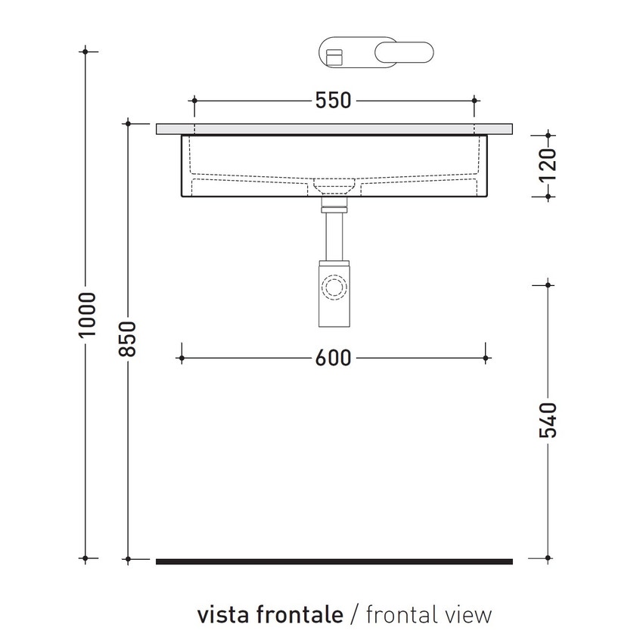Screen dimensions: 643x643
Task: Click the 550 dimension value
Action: [334, 101]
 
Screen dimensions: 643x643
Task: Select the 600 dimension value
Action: [334, 357]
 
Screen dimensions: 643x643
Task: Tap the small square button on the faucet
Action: [334, 54]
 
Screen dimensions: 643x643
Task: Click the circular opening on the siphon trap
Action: [333, 287]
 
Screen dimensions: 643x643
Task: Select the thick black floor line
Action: [334, 561]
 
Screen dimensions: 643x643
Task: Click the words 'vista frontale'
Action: [269, 614]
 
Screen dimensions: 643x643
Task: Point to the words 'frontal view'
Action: [428, 614]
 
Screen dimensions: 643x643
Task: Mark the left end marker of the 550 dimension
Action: [194, 100]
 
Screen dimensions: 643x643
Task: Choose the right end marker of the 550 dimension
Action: [474, 100]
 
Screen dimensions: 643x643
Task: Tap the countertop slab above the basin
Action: [334, 129]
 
